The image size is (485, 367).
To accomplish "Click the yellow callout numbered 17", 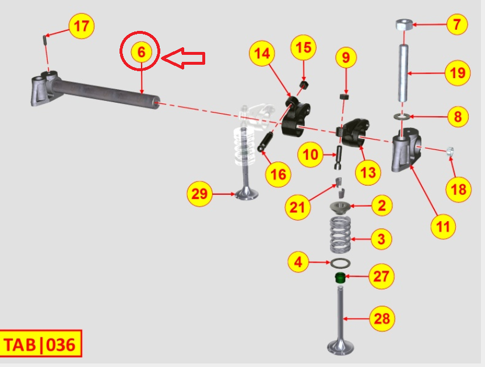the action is pyautogui.click(x=82, y=26).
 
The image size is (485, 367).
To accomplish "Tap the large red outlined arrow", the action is pyautogui.click(x=184, y=58).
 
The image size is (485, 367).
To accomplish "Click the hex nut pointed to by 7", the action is pyautogui.click(x=404, y=25).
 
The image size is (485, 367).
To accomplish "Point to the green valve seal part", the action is pyautogui.click(x=340, y=278).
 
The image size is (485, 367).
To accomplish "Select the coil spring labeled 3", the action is pyautogui.click(x=340, y=235).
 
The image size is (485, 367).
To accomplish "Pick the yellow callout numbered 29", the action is pyautogui.click(x=199, y=194).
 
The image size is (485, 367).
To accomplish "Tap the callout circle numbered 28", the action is pyautogui.click(x=382, y=319).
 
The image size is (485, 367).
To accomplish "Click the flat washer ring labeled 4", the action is pyautogui.click(x=340, y=264).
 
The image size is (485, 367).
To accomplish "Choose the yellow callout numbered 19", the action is pyautogui.click(x=458, y=73).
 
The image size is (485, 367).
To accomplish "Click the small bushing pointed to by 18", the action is pyautogui.click(x=450, y=152).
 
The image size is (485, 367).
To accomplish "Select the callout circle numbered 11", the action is pyautogui.click(x=443, y=226).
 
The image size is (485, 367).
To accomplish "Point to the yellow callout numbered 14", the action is pyautogui.click(x=262, y=53).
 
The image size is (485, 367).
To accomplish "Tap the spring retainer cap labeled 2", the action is pyautogui.click(x=340, y=207).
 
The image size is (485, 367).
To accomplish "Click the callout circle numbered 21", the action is pyautogui.click(x=297, y=207).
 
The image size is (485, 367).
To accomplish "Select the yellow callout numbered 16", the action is pyautogui.click(x=278, y=174).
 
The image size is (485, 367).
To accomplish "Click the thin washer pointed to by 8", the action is pyautogui.click(x=402, y=117).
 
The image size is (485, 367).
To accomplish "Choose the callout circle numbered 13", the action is pyautogui.click(x=368, y=173).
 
